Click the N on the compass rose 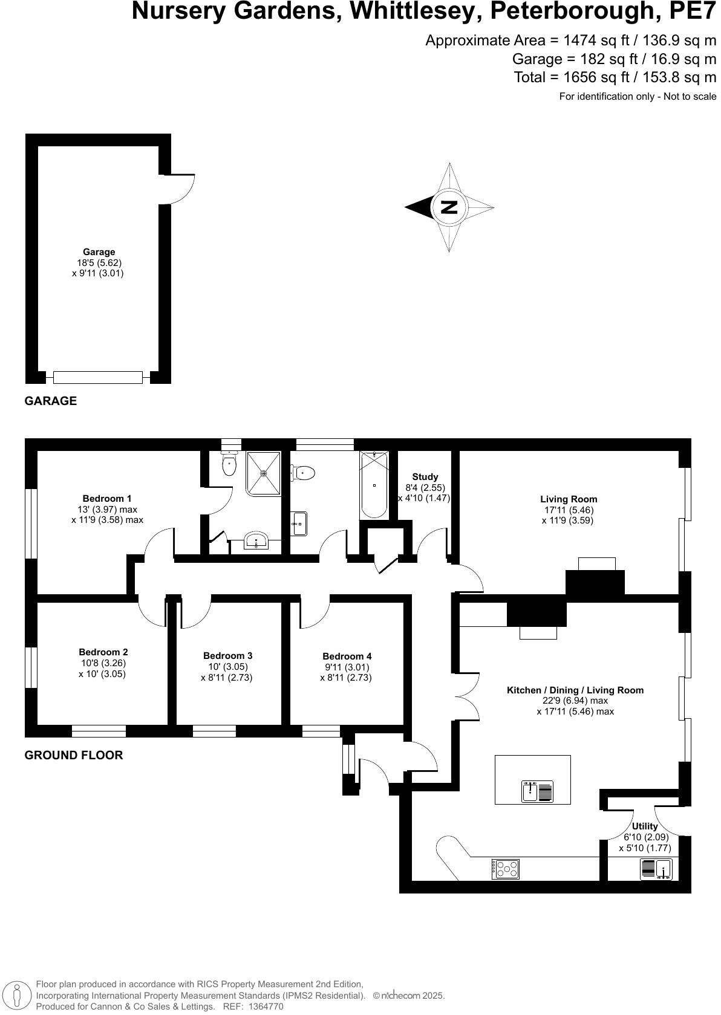pos(449,207)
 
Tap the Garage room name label pos(99,252)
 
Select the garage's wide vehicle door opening pos(97,377)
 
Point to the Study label pos(425,477)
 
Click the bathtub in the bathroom pos(374,485)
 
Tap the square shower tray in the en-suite pos(264,473)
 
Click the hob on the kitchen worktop pos(506,869)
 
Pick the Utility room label pos(645,826)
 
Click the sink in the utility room pos(664,869)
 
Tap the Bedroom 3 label pos(227,656)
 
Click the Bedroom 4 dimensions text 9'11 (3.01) pos(346,667)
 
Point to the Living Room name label pos(569,499)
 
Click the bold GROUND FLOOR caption pos(73,755)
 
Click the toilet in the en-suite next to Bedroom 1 pos(229,465)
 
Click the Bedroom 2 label pos(103,652)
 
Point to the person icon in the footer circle pos(17,995)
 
